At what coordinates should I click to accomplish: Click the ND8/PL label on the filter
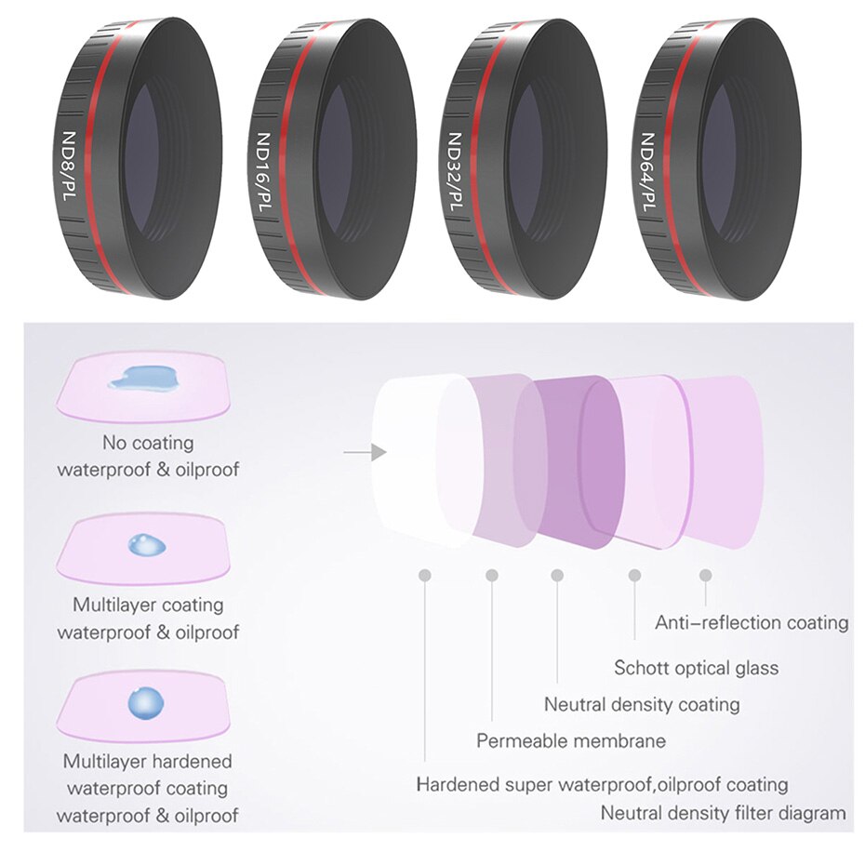pyautogui.click(x=67, y=166)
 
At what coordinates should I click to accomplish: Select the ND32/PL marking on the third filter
pyautogui.click(x=455, y=171)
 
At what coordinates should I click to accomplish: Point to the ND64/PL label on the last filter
pyautogui.click(x=647, y=171)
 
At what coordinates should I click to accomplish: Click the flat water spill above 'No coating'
pyautogui.click(x=143, y=378)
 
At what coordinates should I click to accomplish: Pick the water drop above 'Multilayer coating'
pyautogui.click(x=147, y=544)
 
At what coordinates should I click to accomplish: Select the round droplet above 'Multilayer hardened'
pyautogui.click(x=146, y=703)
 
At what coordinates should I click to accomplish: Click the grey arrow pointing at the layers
pyautogui.click(x=365, y=452)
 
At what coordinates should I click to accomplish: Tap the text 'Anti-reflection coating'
pyautogui.click(x=752, y=623)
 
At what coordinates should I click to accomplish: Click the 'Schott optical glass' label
pyautogui.click(x=697, y=668)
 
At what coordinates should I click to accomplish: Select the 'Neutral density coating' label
pyautogui.click(x=642, y=704)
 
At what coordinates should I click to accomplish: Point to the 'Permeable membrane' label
pyautogui.click(x=571, y=740)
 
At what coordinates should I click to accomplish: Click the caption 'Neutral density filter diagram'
pyautogui.click(x=723, y=813)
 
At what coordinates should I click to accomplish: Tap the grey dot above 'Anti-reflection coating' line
pyautogui.click(x=705, y=575)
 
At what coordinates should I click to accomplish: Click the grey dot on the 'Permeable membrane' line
pyautogui.click(x=491, y=576)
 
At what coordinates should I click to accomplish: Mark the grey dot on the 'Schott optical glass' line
pyautogui.click(x=634, y=576)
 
